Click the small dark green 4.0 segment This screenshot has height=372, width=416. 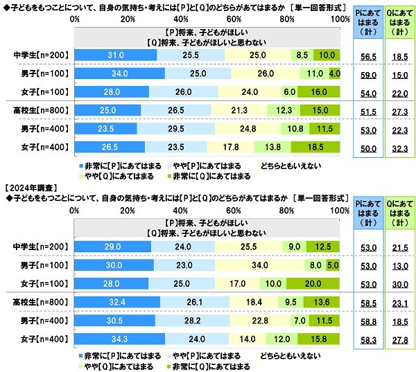coord(334,72)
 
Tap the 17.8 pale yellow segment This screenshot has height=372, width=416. coord(230,145)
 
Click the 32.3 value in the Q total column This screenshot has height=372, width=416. coord(397,145)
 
